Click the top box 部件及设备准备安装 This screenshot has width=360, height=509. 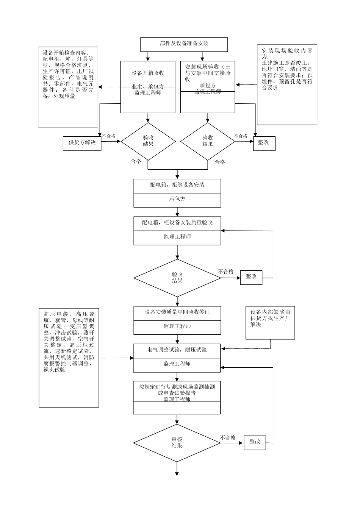point(184,44)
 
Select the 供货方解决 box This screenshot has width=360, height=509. point(82,143)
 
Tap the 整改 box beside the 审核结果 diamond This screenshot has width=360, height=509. point(255,442)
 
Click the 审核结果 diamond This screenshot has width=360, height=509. point(177,442)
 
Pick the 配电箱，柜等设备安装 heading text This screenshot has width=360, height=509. point(177,185)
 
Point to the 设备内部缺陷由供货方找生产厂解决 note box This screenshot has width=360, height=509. point(270,322)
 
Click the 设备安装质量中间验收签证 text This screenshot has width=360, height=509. point(177,312)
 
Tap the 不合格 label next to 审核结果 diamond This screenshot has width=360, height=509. point(228,438)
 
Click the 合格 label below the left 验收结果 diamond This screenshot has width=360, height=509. point(136,161)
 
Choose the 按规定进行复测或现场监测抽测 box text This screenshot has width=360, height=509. point(177,387)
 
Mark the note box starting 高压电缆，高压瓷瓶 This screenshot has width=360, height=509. point(69,358)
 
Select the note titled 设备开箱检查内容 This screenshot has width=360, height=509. point(68,87)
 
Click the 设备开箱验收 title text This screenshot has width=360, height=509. point(148,73)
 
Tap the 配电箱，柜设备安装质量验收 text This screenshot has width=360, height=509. point(177,223)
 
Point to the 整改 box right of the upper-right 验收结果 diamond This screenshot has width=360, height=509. point(263,143)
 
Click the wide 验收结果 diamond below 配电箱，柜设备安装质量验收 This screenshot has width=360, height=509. point(177,278)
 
